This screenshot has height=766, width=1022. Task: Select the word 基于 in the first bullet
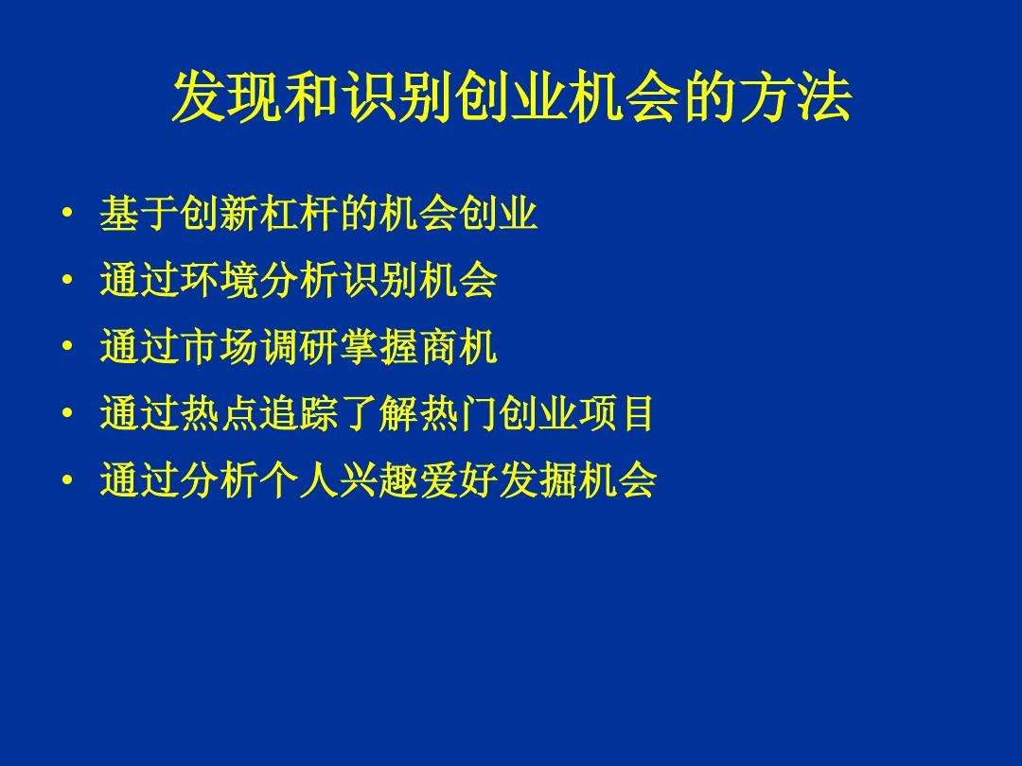[x=139, y=217]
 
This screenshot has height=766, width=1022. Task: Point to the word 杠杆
[x=298, y=217]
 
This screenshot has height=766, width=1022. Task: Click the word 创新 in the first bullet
[x=219, y=217]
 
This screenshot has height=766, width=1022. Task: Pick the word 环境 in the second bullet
[x=219, y=282]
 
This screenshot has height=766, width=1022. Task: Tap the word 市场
[x=219, y=349]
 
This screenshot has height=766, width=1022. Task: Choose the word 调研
[x=298, y=349]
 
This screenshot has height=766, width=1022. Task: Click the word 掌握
[x=378, y=349]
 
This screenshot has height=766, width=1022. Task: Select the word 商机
[x=457, y=349]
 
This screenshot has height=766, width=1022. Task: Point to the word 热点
[x=219, y=415]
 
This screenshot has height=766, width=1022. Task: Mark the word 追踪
[x=298, y=415]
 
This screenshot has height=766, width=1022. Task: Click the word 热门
[x=457, y=415]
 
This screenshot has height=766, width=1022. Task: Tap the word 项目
[x=616, y=415]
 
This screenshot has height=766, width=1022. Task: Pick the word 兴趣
[x=378, y=482]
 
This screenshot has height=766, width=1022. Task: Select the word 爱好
[x=457, y=482]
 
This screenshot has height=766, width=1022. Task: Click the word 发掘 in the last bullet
[x=537, y=482]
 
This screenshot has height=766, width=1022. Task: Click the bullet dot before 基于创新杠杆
[x=66, y=215]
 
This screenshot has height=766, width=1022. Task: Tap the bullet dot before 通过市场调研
[x=66, y=347]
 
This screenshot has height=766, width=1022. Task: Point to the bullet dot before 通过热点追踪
[x=66, y=413]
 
